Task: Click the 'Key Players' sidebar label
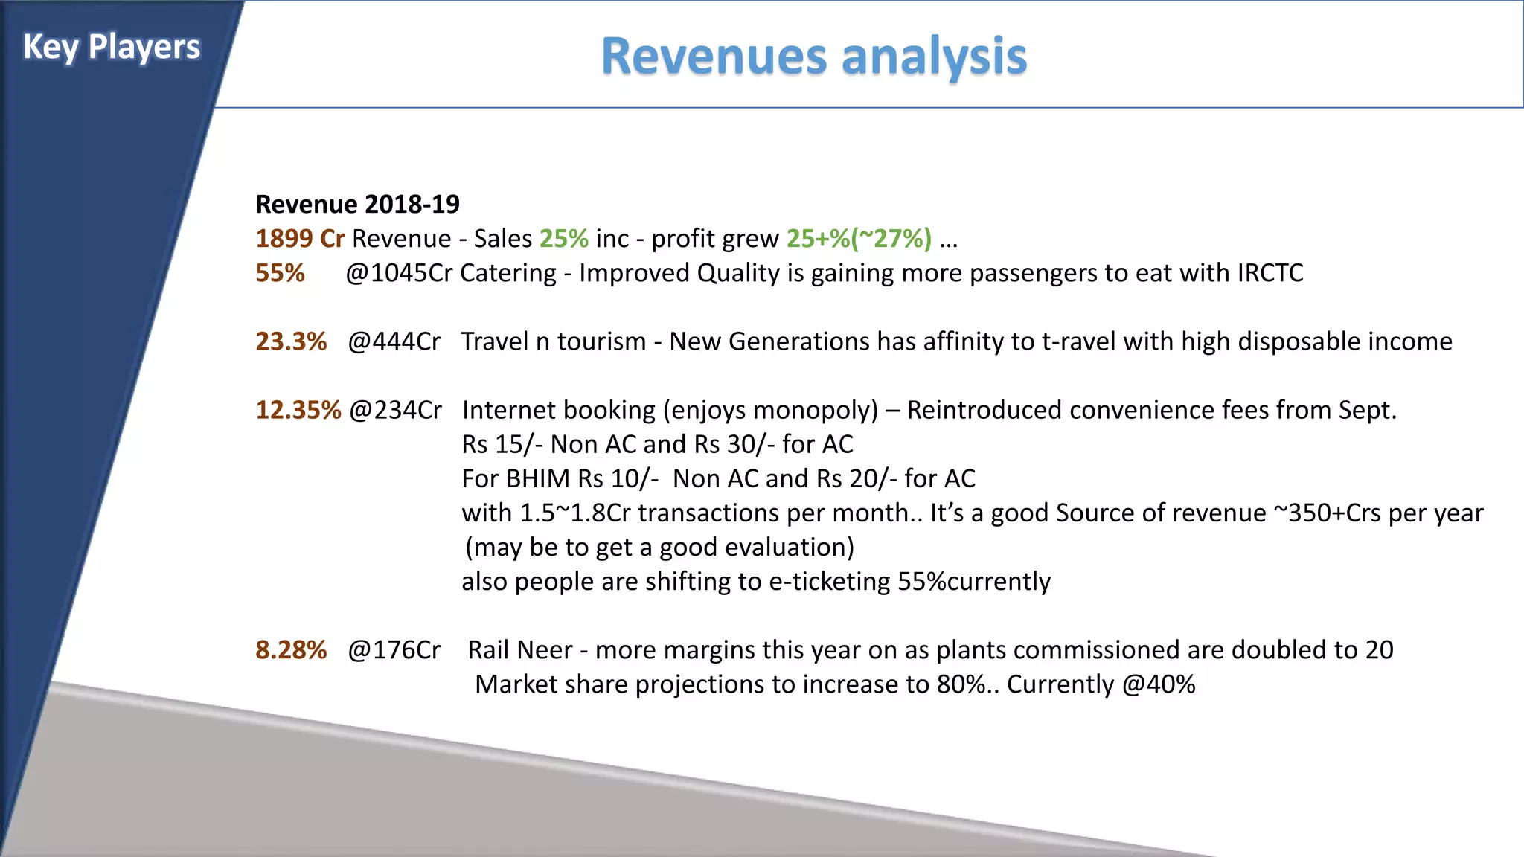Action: coord(111,48)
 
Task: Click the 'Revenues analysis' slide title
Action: coord(813,57)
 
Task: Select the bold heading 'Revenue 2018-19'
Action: coord(357,204)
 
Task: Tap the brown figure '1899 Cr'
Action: coord(299,239)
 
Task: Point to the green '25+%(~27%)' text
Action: coord(859,239)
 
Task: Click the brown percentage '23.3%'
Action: coord(291,341)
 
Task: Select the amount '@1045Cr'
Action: coord(398,273)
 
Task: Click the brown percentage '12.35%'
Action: coord(298,410)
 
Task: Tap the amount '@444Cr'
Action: coord(394,341)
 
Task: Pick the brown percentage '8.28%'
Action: coord(291,650)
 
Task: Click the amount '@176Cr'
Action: coord(394,650)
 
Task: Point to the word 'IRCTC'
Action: coord(1270,273)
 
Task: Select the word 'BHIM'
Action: coord(537,478)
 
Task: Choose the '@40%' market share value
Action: coord(1158,684)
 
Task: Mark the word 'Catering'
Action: coord(508,273)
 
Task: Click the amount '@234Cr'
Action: coord(395,410)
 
